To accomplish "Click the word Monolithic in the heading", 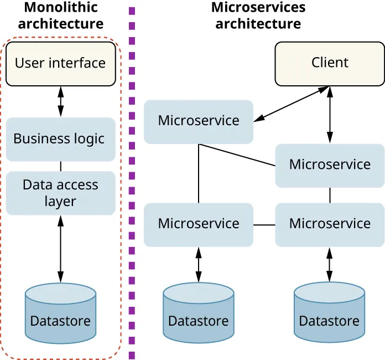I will [61, 8].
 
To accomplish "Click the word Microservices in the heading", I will [258, 8].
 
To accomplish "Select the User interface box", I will [60, 63].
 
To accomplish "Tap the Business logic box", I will [60, 138].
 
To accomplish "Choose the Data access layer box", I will [60, 193].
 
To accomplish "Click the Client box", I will [330, 63].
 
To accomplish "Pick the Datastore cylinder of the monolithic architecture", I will [60, 313].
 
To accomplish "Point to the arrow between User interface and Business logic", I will [60, 101].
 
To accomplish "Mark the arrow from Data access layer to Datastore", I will [60, 249].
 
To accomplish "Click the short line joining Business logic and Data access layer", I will [60, 166].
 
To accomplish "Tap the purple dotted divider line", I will [132, 183].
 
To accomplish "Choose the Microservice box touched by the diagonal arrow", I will [199, 121].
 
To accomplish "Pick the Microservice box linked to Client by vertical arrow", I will [330, 165].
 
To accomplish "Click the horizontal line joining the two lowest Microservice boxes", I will [264, 225].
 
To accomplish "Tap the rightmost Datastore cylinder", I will [329, 313].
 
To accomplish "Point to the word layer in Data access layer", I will [60, 202].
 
